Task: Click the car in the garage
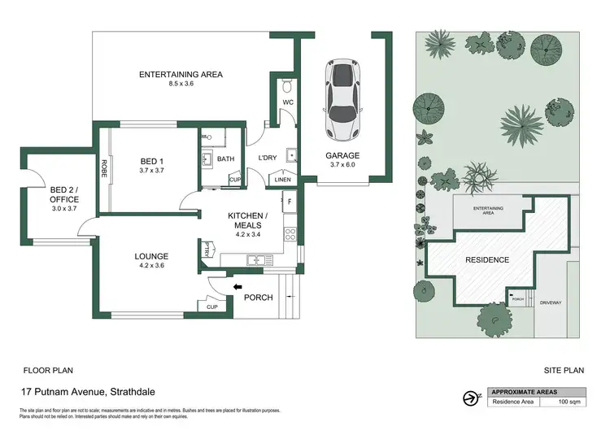coord(342,100)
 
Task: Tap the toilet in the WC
coord(287,87)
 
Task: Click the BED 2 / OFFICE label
coord(63,192)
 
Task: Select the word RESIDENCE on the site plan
coord(487,260)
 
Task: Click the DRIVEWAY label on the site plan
coord(551,302)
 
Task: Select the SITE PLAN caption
coord(564,369)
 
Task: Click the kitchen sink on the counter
coord(257,260)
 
